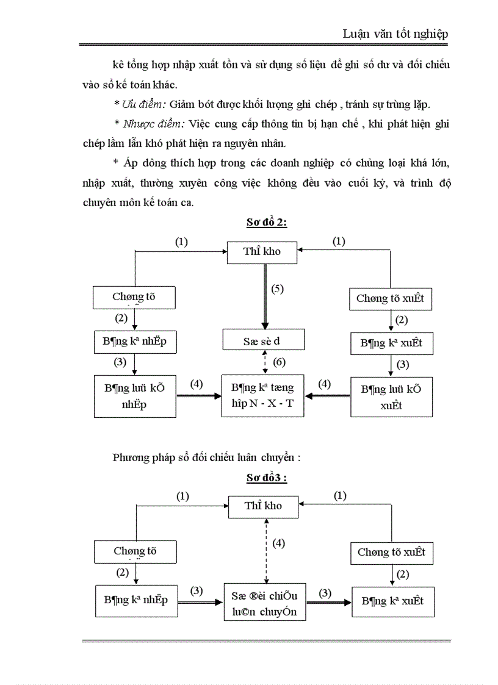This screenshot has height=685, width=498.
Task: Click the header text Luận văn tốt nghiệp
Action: point(395,34)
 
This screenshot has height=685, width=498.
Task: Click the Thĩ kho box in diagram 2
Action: point(262,251)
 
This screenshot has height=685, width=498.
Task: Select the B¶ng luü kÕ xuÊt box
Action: point(391,396)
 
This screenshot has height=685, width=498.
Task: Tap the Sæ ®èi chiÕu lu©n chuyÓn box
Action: point(264,603)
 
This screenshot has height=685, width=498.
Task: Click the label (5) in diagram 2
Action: point(278,289)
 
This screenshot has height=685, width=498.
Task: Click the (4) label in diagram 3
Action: point(279,543)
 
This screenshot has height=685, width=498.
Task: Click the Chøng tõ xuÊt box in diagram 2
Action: point(391,299)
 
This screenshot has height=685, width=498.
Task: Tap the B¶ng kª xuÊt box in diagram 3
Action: point(392,601)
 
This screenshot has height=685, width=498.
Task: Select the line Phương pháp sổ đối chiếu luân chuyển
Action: point(207,458)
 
